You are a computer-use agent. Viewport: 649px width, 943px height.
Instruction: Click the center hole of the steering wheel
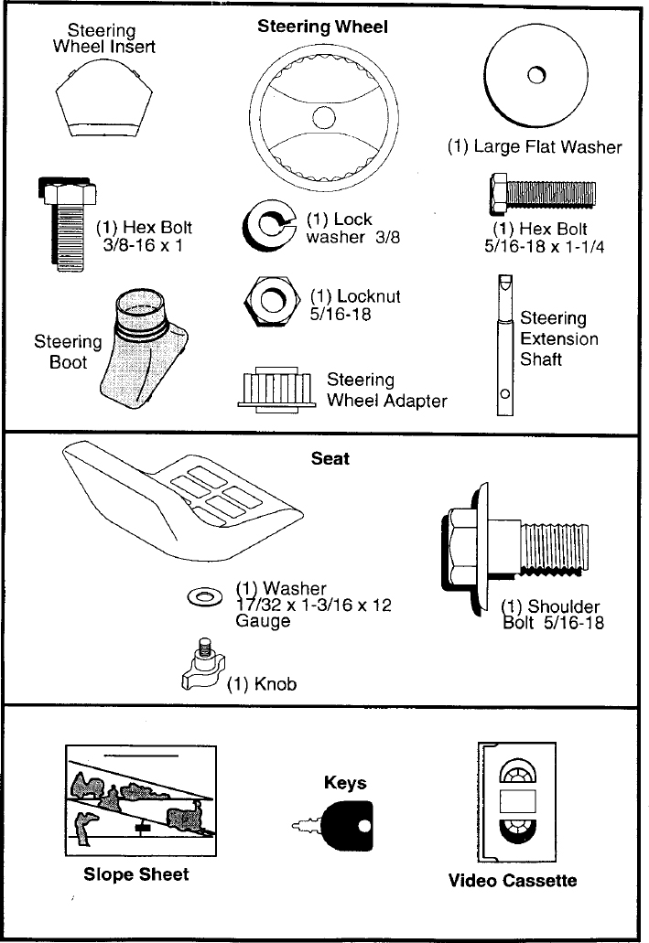[x=323, y=117]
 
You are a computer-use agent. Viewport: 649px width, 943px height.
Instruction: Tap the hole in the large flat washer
[x=535, y=76]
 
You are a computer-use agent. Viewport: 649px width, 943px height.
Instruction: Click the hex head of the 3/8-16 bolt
[x=68, y=191]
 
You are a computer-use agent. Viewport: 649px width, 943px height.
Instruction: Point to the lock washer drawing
[x=268, y=225]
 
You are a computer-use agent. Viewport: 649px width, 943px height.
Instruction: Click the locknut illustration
[x=272, y=301]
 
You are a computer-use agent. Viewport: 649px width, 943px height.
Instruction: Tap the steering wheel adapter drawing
[x=277, y=389]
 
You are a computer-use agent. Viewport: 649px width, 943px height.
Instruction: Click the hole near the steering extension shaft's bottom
[x=505, y=394]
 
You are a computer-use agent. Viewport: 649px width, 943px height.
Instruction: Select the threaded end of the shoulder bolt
[x=554, y=546]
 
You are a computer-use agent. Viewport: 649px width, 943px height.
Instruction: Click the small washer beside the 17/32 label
[x=205, y=597]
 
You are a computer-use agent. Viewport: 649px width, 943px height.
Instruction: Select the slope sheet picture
[x=141, y=800]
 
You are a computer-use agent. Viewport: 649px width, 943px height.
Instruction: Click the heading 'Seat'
[x=330, y=458]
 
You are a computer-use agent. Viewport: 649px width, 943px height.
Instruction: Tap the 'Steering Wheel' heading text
[x=323, y=27]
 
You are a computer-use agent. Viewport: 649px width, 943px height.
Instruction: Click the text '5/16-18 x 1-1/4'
[x=545, y=247]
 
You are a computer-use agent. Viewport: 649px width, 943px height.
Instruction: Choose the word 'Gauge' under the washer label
[x=263, y=621]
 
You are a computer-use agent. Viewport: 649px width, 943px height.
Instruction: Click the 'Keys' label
[x=345, y=783]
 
